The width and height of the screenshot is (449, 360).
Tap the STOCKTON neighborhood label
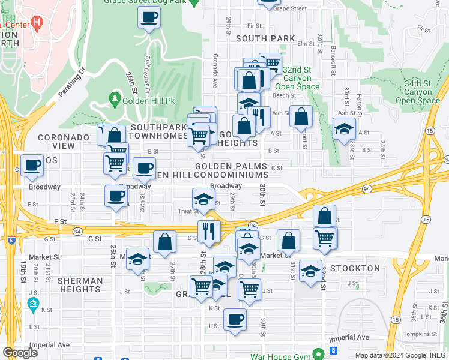tap(355, 268)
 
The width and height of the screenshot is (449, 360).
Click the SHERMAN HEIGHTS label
tap(79, 284)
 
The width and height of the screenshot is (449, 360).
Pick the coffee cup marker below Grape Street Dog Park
tap(148, 17)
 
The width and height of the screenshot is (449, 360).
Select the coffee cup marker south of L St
tap(235, 319)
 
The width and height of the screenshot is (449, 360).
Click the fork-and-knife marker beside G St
tap(209, 230)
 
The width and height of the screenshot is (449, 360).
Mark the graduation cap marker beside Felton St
tap(344, 129)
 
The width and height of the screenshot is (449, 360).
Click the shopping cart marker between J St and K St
tap(249, 289)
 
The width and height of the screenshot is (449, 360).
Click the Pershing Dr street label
tap(73, 82)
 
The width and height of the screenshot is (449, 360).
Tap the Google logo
tap(20, 353)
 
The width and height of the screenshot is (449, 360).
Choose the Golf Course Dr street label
tap(148, 70)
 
